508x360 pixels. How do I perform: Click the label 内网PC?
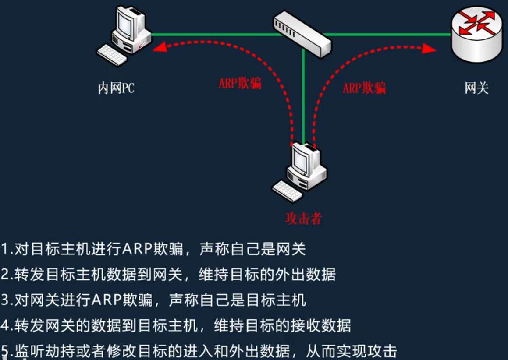click(116, 88)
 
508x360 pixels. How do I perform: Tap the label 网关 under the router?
click(476, 88)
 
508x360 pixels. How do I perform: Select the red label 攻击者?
click(303, 218)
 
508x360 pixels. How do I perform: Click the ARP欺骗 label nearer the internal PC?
click(240, 84)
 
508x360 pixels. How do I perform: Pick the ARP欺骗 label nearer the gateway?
click(364, 88)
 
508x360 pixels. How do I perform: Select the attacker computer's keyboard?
click(287, 191)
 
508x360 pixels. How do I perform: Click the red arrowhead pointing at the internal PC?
click(159, 47)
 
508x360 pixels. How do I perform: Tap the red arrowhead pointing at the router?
click(430, 49)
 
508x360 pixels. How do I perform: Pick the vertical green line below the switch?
click(303, 96)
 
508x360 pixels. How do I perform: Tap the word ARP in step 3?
click(107, 300)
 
